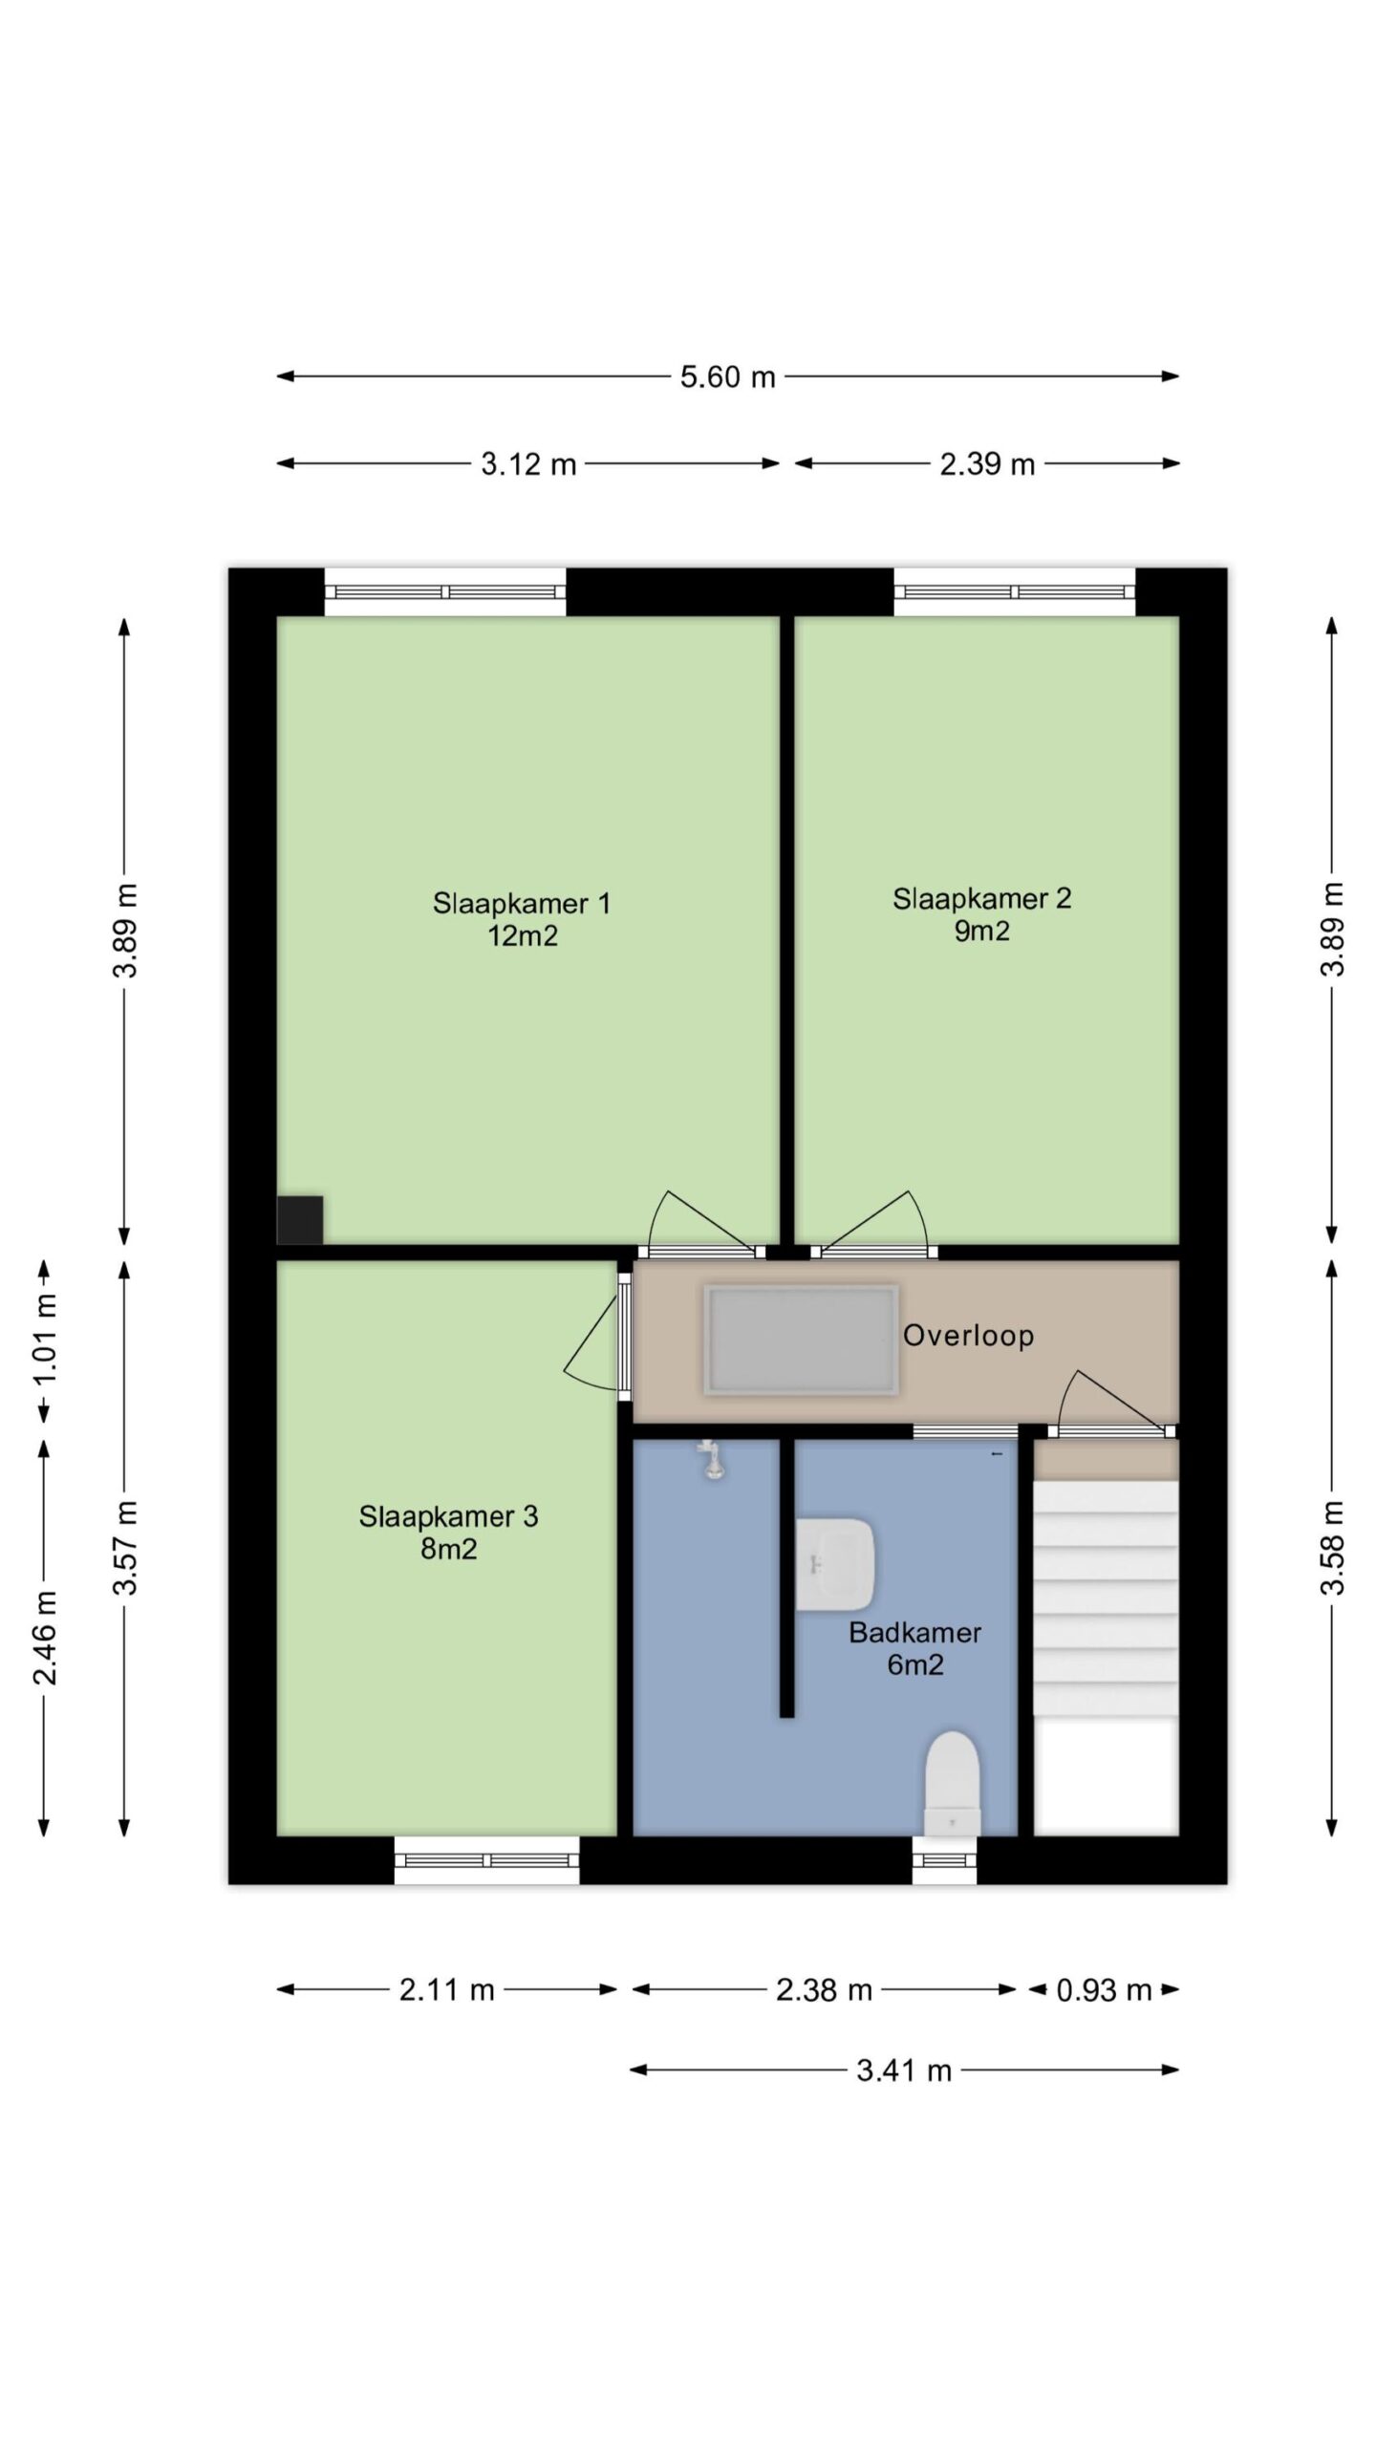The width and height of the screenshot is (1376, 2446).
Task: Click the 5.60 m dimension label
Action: pyautogui.click(x=727, y=376)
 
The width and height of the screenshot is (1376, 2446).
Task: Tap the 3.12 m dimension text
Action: pyautogui.click(x=528, y=464)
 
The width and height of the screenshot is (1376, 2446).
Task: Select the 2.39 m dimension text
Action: pyautogui.click(x=987, y=464)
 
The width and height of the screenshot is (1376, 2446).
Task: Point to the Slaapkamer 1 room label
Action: pyautogui.click(x=522, y=903)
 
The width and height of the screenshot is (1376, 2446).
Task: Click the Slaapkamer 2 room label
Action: pyautogui.click(x=982, y=898)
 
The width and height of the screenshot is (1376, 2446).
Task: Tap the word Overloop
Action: pyautogui.click(x=969, y=1335)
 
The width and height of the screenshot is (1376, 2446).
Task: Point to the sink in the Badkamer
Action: pyautogui.click(x=835, y=1564)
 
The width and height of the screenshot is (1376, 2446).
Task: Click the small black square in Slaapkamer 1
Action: pyautogui.click(x=300, y=1220)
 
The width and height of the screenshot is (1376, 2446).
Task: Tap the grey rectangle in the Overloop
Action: pyautogui.click(x=801, y=1340)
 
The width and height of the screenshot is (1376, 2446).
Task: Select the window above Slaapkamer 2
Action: pyautogui.click(x=1015, y=591)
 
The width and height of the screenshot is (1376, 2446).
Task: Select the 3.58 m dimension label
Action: pyautogui.click(x=1333, y=1548)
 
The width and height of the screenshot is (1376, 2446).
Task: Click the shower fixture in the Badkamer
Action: pyautogui.click(x=711, y=1460)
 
